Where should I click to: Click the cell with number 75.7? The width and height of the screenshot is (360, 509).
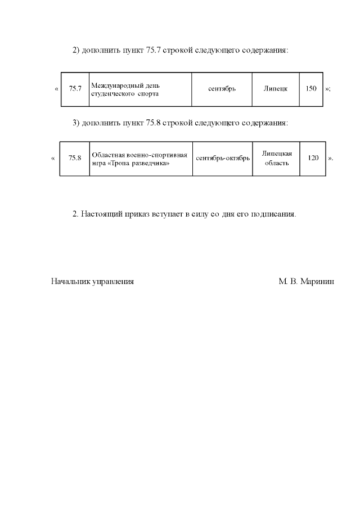[75, 89]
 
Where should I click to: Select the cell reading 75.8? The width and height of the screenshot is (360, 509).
[75, 159]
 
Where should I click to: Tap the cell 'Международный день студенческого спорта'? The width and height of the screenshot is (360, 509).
[141, 89]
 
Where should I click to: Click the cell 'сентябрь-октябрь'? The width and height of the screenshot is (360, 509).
[223, 159]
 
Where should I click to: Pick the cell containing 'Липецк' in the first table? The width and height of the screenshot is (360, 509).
[276, 89]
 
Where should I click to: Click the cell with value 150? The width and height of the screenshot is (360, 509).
[311, 89]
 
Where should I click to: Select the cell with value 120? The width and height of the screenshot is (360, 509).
[313, 159]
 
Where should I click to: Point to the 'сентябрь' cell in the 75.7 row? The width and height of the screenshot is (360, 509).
[222, 89]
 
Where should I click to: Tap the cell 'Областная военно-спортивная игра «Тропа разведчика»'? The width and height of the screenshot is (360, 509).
[141, 159]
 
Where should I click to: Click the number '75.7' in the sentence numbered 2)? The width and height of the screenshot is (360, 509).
[153, 51]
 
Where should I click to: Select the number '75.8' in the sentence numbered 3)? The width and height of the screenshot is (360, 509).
[153, 123]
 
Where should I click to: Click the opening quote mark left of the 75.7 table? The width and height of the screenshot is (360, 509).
[56, 89]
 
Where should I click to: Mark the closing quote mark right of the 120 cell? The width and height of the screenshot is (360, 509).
[330, 159]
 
